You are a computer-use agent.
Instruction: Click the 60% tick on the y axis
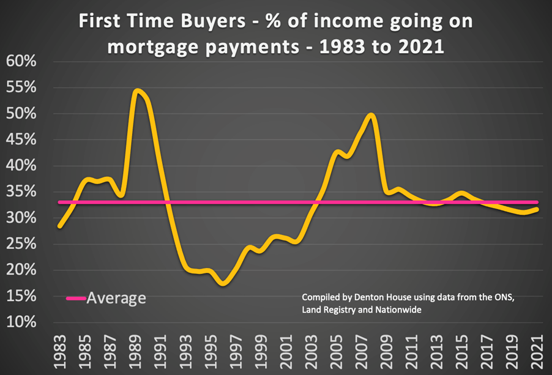point(22,61)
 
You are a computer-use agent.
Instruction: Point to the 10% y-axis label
point(22,322)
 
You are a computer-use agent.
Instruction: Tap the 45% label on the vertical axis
point(22,139)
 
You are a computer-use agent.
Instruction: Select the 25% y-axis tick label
point(22,244)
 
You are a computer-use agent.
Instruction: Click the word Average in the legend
point(116,299)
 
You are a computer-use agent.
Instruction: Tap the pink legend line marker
point(76,299)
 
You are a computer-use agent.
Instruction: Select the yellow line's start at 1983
point(59,226)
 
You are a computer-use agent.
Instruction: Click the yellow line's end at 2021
point(538,209)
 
